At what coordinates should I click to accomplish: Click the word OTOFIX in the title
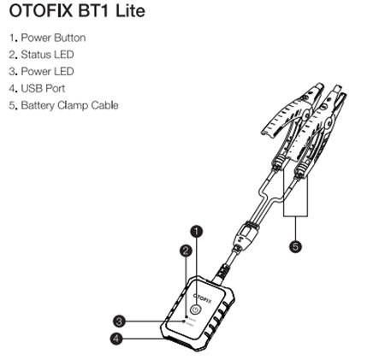(41, 11)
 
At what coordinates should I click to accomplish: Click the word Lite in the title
(130, 11)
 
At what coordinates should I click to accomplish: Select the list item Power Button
(47, 38)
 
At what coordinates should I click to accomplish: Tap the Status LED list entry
(42, 55)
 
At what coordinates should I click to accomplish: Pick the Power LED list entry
(42, 71)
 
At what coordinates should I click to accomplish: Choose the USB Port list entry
(37, 88)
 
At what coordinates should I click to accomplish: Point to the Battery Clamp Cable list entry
(63, 105)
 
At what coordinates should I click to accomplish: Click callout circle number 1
(197, 232)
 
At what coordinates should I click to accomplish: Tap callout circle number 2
(186, 251)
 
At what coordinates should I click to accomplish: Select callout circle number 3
(119, 322)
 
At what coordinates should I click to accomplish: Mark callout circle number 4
(116, 339)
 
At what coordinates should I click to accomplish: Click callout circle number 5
(295, 246)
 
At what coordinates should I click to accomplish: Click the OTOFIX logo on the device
(203, 298)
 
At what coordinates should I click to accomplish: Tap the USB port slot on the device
(179, 342)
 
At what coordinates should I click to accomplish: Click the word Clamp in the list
(73, 105)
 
